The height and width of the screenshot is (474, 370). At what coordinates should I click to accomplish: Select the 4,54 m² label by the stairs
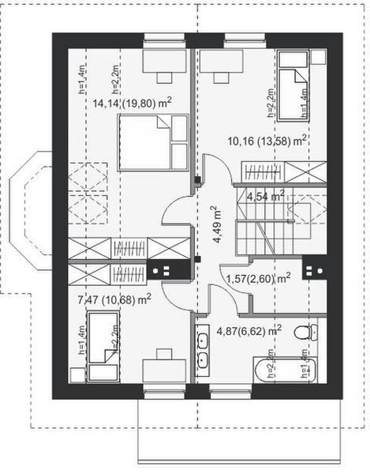265,196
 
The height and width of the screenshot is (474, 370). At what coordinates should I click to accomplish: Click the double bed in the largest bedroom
153,141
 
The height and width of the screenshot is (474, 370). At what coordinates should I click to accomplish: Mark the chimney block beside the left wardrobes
168,270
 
